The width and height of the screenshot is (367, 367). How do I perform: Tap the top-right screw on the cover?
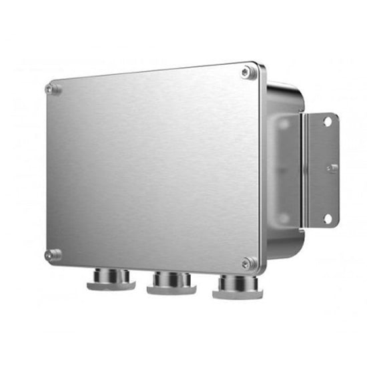247,72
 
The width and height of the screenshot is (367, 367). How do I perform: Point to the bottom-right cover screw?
248,263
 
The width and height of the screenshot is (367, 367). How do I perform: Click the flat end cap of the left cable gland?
111,286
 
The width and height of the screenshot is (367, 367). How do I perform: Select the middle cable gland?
171,282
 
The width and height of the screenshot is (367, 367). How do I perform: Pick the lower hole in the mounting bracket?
327,218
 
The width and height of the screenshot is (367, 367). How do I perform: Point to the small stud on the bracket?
332,167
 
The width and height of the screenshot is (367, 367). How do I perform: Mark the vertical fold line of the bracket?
304,170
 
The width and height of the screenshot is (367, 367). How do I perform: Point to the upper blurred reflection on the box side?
284,123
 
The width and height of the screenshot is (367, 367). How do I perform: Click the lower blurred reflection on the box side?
284,217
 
